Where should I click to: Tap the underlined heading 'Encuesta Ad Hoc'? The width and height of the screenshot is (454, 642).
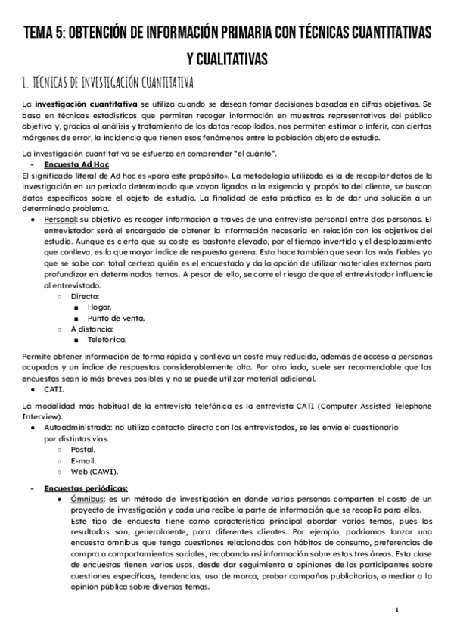coord(72,164)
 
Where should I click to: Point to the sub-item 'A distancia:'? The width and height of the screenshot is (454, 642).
coord(93,329)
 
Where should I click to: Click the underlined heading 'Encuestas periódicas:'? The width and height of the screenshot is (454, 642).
coord(86,488)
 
